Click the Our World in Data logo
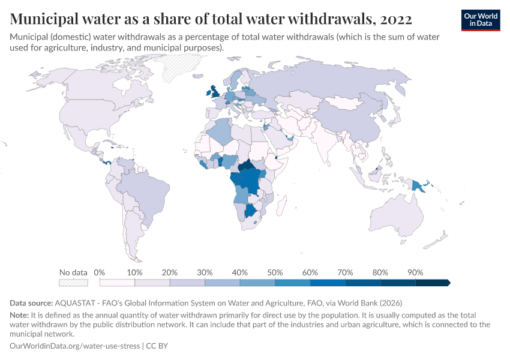(480, 20)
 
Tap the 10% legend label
(134, 272)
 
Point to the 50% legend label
(275, 272)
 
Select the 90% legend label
(415, 272)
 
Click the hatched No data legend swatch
(73, 283)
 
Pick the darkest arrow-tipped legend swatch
(433, 283)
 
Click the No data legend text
(73, 272)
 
